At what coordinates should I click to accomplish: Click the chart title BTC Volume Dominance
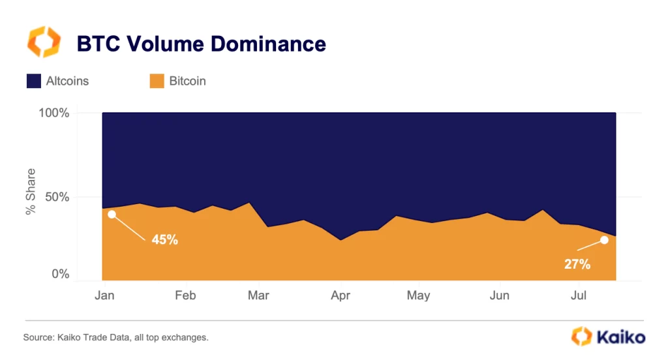(201, 44)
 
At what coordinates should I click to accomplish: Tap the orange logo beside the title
(44, 42)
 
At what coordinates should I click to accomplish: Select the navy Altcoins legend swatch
(34, 82)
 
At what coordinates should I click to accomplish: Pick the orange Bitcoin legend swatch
(157, 82)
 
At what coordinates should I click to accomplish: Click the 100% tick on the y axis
(54, 113)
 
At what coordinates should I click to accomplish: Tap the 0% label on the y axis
(61, 275)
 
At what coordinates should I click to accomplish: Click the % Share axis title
(30, 192)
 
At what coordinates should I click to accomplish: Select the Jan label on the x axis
(104, 295)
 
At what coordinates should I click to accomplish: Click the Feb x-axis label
(185, 295)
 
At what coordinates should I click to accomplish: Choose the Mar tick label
(259, 295)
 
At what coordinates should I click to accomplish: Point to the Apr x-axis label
(341, 295)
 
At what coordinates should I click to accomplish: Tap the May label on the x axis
(418, 295)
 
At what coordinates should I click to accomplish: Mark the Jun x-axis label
(499, 295)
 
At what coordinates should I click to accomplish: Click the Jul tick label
(578, 295)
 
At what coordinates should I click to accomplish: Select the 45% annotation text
(164, 240)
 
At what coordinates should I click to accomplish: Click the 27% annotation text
(577, 265)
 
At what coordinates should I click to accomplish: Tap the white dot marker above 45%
(112, 214)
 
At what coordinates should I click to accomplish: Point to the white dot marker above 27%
(604, 240)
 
